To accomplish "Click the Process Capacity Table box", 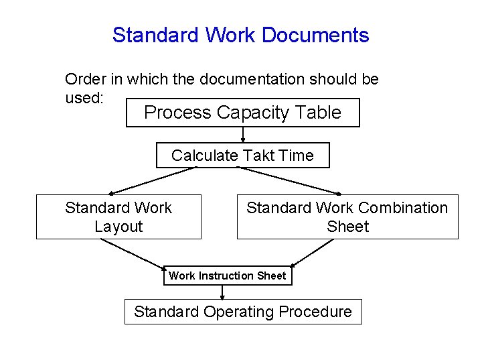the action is tap(242, 113).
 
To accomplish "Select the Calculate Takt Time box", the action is tap(242, 156).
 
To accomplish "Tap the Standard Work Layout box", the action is tap(118, 217).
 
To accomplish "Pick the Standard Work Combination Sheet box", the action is tap(347, 217).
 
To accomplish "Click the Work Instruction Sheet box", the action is tap(228, 276).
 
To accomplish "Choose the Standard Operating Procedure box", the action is tap(242, 312).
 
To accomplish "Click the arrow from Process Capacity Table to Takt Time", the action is tap(242, 135).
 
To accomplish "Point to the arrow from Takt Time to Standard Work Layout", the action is tap(153, 181).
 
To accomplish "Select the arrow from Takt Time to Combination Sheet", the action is tap(292, 180).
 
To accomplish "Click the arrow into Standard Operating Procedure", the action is tap(222, 292).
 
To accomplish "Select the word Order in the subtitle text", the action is tap(85, 79).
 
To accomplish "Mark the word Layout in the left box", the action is tap(118, 227).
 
